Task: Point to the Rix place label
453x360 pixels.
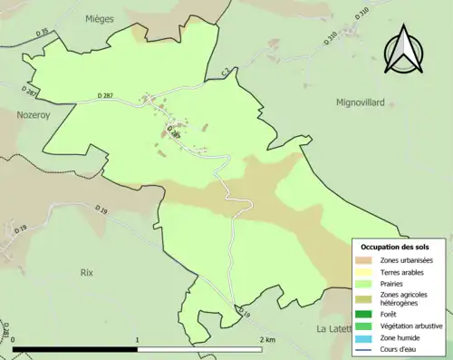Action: coord(87,272)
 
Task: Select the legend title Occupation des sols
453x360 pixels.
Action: coord(395,247)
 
